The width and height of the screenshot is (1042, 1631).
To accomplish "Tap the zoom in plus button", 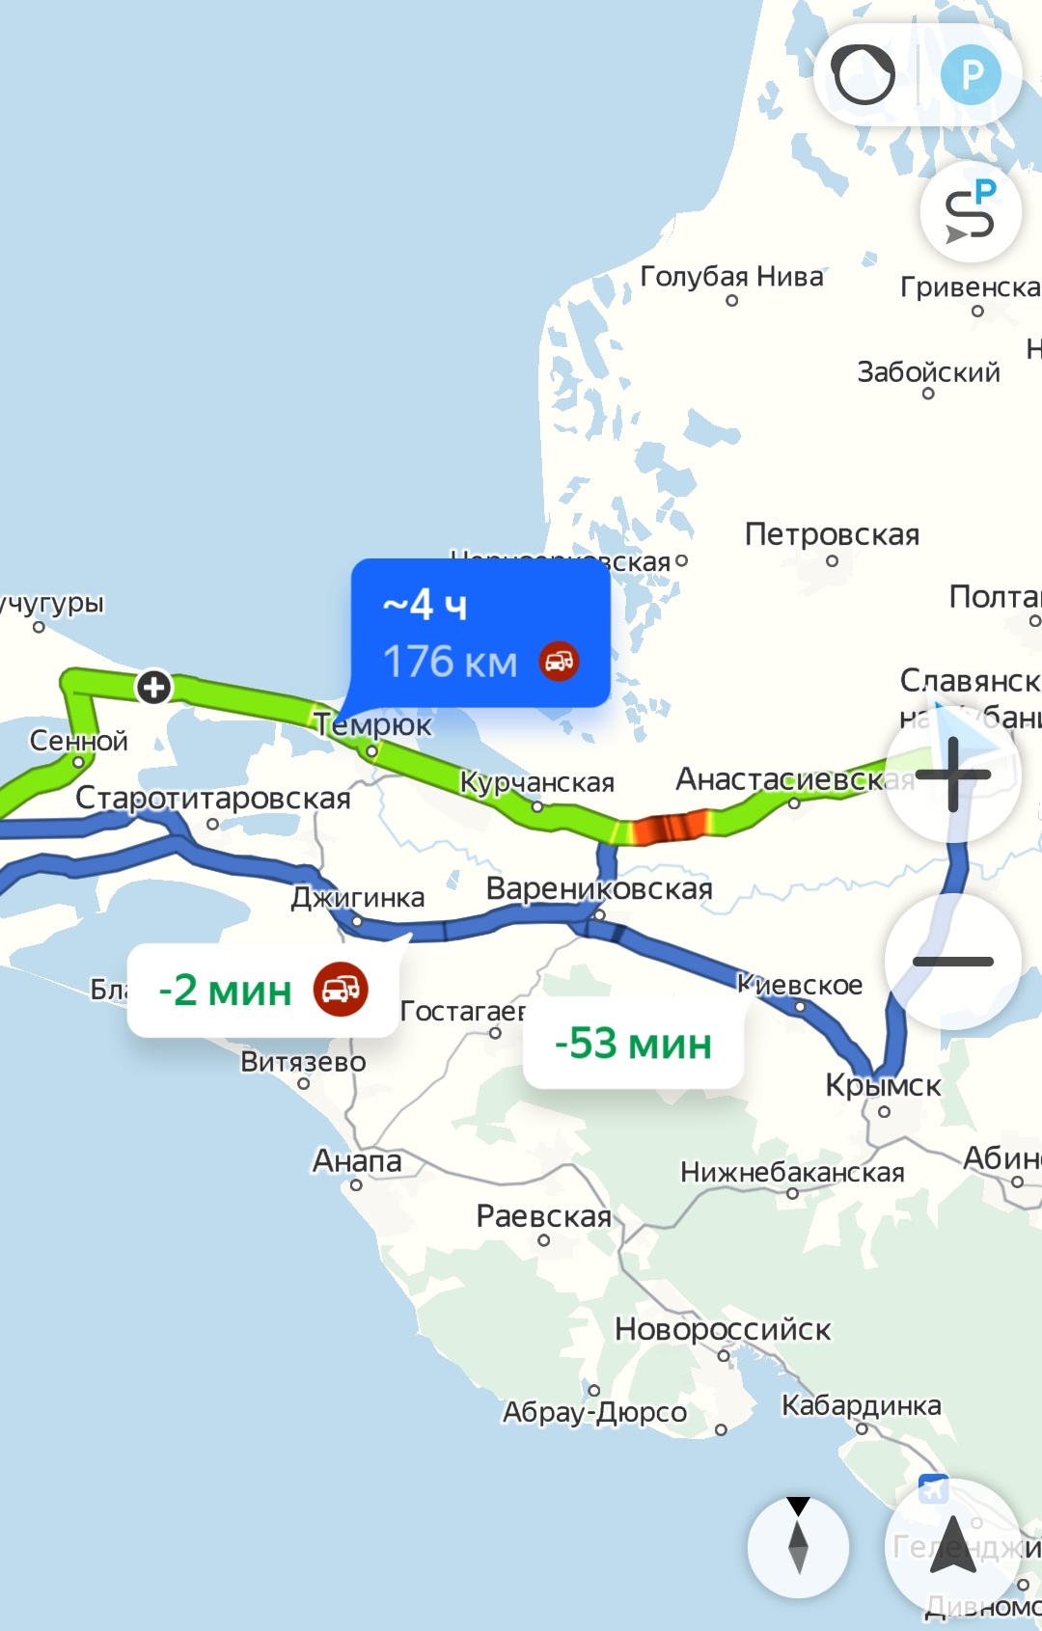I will [953, 774].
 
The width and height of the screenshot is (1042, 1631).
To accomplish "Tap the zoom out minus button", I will [953, 961].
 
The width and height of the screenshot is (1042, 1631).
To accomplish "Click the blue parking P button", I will [971, 74].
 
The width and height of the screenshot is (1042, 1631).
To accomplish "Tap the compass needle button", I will [798, 1546].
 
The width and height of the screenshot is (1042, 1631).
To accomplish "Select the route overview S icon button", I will [970, 212].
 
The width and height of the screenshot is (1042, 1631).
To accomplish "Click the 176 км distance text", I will [451, 663].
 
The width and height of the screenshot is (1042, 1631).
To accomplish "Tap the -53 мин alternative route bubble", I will [633, 1044].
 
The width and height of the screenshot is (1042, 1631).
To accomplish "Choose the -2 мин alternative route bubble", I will [262, 991].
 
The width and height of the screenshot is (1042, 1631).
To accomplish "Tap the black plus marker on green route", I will [153, 688].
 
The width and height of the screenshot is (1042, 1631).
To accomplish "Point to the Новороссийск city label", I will [723, 1329].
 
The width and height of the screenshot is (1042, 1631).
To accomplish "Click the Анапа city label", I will [357, 1160].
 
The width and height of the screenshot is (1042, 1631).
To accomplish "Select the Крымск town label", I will [883, 1085].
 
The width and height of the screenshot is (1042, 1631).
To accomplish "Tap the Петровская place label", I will [832, 534].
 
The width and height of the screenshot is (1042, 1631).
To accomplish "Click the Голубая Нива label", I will [731, 277].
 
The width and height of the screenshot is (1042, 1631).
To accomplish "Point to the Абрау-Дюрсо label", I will [594, 1412].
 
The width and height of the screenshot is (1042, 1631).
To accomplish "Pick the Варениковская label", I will [599, 888].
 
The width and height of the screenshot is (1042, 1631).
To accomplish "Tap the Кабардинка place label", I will [861, 1405].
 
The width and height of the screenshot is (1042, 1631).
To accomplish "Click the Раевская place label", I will [544, 1216].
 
